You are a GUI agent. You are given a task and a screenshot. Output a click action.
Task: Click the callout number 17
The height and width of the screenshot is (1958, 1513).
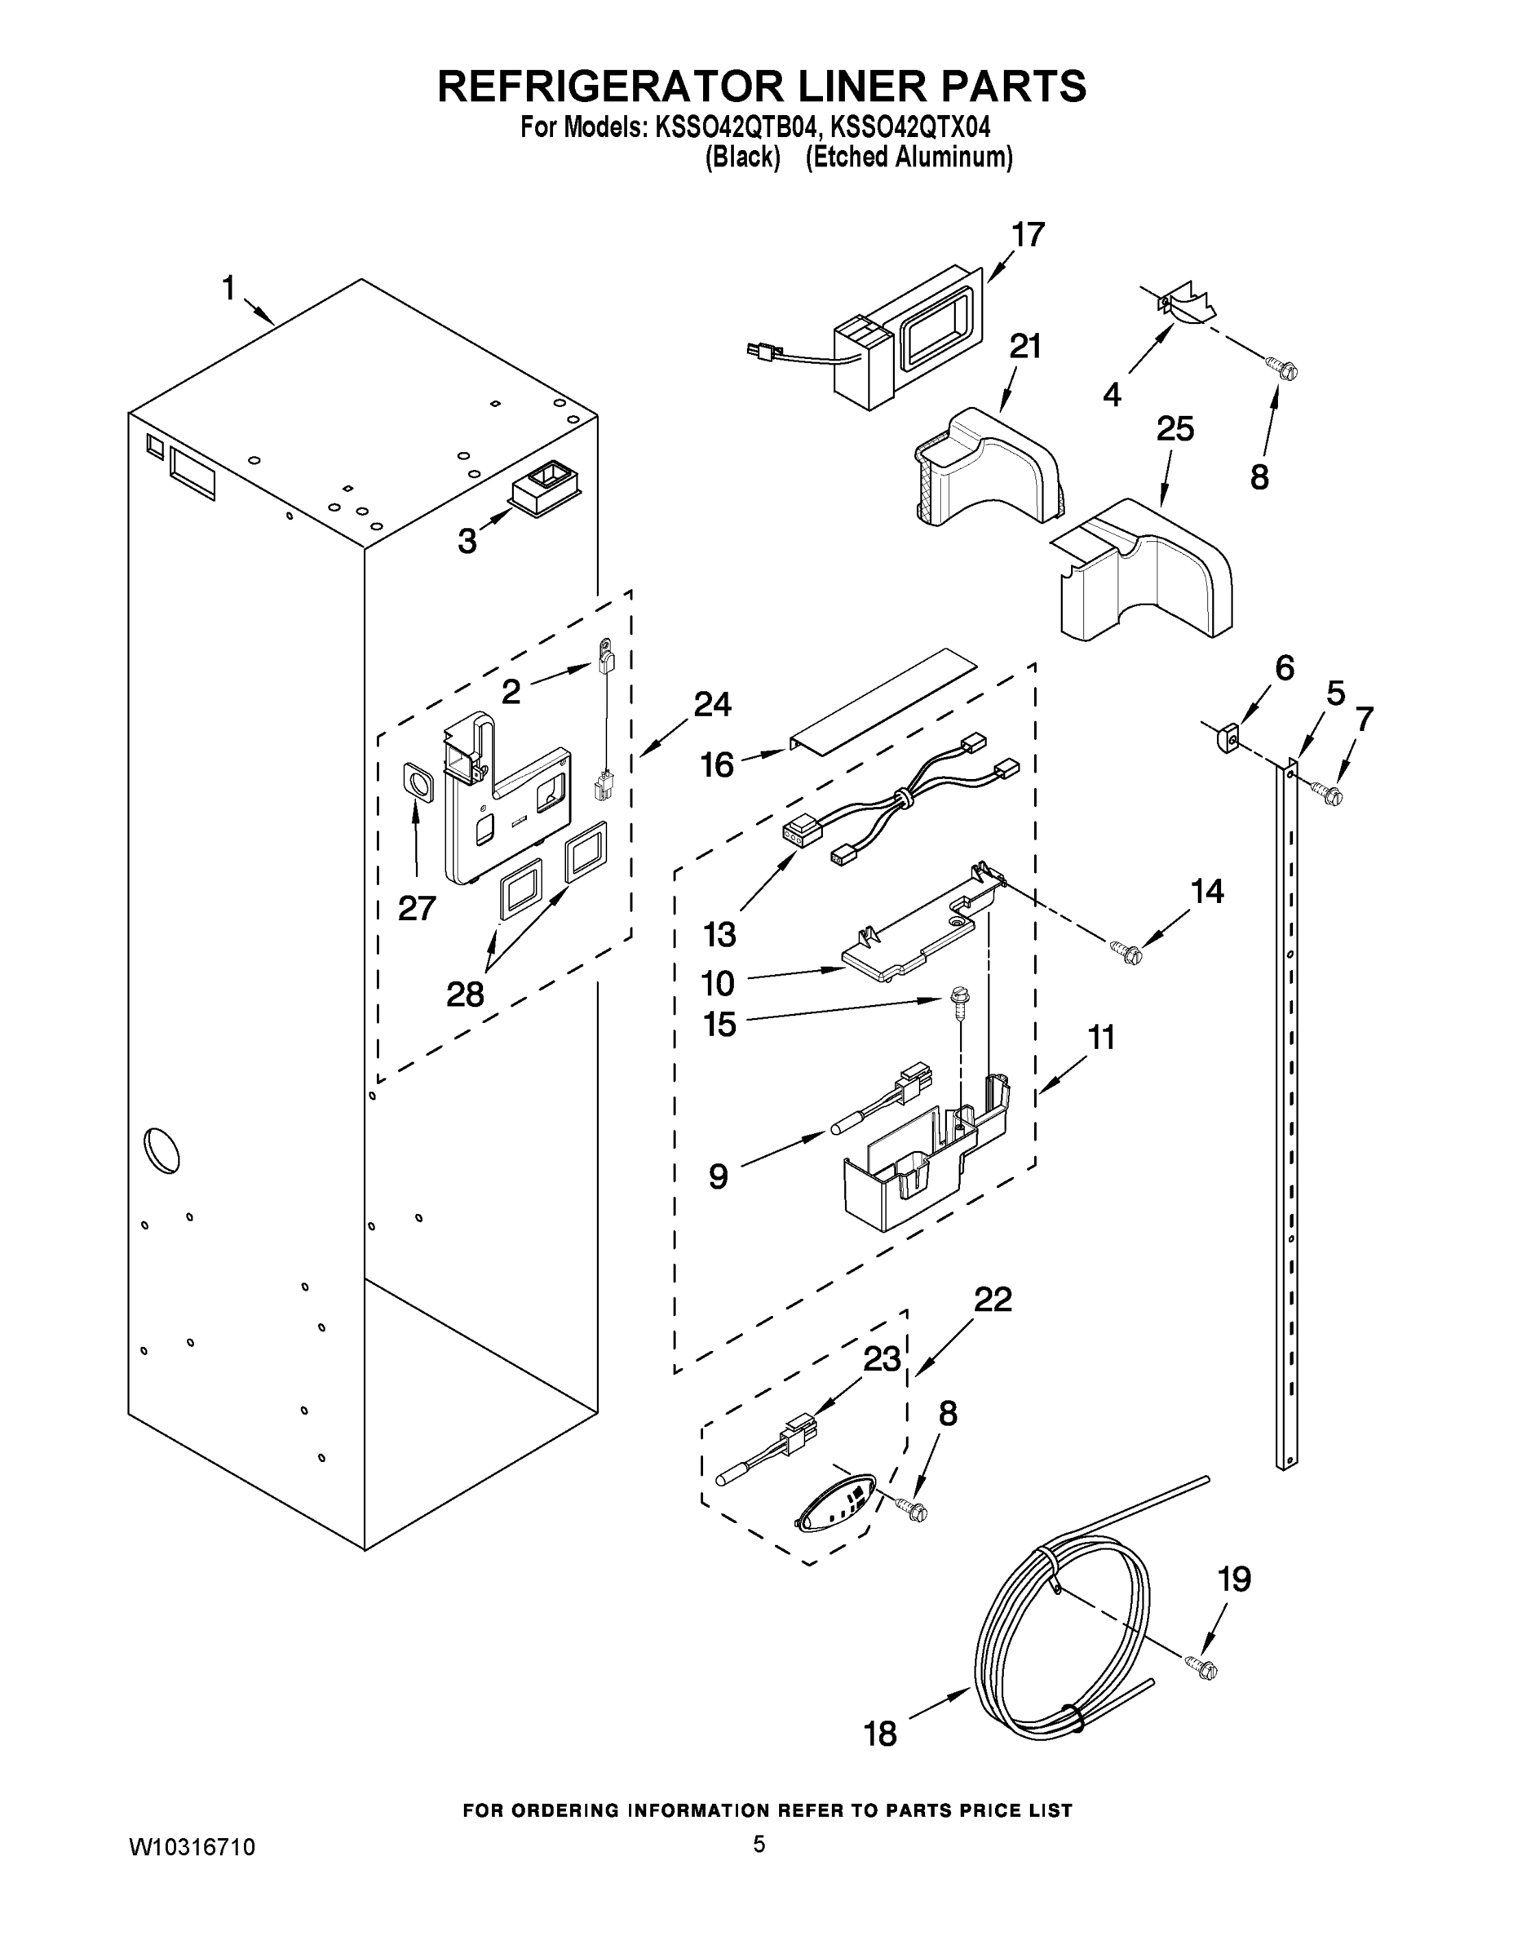point(1028,235)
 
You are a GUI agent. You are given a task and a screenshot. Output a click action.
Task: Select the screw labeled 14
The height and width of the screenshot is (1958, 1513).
point(1123,951)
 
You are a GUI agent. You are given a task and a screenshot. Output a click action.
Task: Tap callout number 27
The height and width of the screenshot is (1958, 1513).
point(417,908)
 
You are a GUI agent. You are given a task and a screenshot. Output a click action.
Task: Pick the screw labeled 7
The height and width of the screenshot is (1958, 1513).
point(1328,791)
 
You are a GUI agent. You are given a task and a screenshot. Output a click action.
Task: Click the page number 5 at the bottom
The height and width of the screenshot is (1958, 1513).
point(759,1844)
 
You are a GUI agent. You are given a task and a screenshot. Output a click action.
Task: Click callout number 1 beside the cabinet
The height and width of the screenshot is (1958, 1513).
point(228,288)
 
